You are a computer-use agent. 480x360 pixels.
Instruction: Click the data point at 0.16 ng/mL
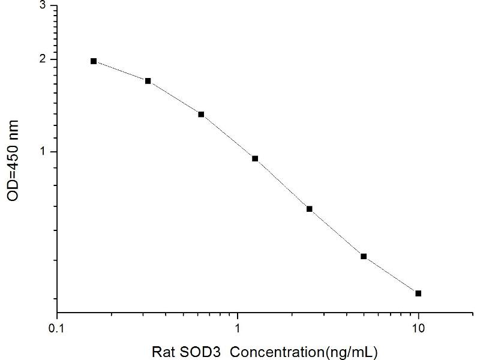point(94,61)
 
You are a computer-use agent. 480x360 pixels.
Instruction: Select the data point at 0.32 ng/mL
point(148,81)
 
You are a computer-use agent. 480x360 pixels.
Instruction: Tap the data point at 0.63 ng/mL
point(201,114)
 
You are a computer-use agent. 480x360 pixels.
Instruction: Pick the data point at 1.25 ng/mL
point(255,158)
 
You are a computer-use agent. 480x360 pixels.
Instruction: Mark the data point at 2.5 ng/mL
point(310,209)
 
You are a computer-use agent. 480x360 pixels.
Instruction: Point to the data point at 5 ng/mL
point(364,256)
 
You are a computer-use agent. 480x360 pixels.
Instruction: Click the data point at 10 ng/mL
point(418,293)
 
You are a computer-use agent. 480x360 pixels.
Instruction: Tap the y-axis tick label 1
point(42,152)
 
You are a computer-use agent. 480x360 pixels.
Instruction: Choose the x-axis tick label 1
point(238,328)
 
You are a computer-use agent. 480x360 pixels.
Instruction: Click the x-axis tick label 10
point(419,328)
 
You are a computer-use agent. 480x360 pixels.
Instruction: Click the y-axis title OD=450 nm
point(14,161)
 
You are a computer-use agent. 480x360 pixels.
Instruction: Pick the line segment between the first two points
point(121,71)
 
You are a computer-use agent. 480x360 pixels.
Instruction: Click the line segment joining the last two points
point(391,275)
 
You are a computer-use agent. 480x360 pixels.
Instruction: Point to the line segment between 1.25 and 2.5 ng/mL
point(282,184)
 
